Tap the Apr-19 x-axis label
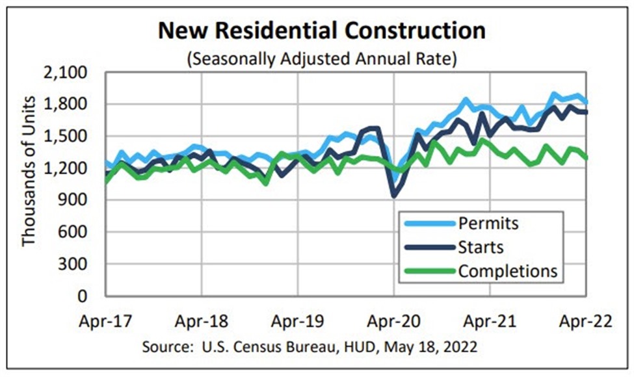coord(298,321)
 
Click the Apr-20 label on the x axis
coord(394,321)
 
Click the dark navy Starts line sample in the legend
coord(426,248)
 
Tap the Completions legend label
coord(508,271)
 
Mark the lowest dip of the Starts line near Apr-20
coord(393,195)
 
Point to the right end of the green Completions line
coord(587,157)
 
